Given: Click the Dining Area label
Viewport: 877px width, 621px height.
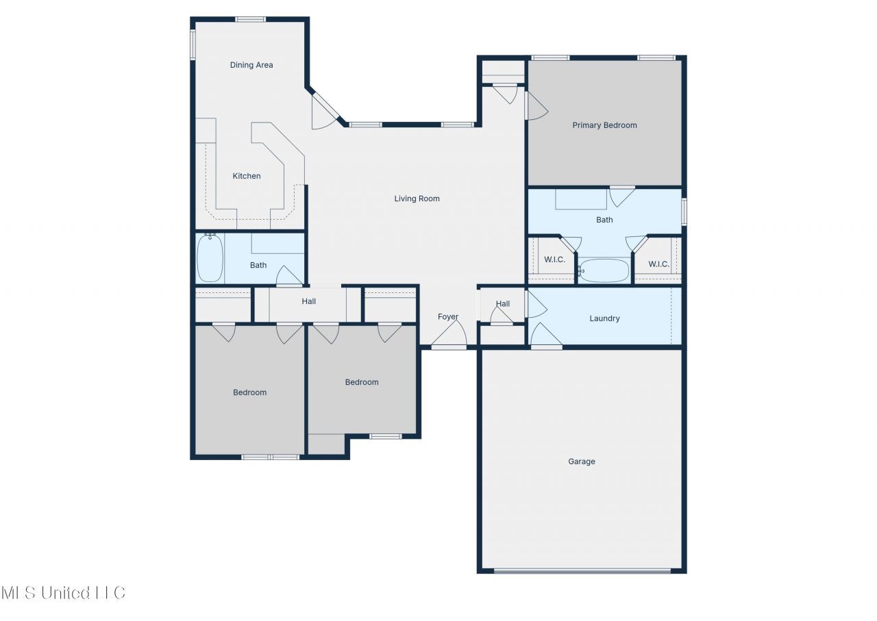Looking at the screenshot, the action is click(251, 65).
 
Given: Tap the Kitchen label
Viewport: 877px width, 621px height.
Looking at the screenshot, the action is click(247, 176).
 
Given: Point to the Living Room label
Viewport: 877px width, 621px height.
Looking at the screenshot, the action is click(417, 199).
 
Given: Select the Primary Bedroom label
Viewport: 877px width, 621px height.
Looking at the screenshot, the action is click(604, 125).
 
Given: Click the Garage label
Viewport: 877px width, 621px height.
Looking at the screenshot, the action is click(582, 461).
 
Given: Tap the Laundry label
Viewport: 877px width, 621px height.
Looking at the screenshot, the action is click(604, 318).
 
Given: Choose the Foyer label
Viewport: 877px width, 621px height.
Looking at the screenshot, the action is click(448, 316).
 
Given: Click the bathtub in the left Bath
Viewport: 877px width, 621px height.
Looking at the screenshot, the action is click(210, 258).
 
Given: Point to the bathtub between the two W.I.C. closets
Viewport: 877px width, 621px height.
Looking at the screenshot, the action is click(604, 270).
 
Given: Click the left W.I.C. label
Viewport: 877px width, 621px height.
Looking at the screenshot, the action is click(554, 259).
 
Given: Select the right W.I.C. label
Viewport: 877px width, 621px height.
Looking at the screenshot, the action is click(658, 264).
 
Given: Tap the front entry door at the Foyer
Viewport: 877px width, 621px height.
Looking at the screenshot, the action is click(449, 335).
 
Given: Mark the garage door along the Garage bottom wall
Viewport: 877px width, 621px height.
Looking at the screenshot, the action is click(582, 571).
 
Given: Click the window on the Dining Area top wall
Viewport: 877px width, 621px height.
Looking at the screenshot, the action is click(251, 19).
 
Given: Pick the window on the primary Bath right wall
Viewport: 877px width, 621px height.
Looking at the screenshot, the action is click(684, 212).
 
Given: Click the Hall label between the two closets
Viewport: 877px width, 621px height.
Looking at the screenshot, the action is click(308, 301).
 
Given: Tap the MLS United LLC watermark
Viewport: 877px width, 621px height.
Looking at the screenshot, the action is click(64, 593).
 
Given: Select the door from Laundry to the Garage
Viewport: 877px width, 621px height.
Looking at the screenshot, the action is click(546, 335).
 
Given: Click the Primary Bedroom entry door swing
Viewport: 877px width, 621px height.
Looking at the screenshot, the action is click(536, 105).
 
